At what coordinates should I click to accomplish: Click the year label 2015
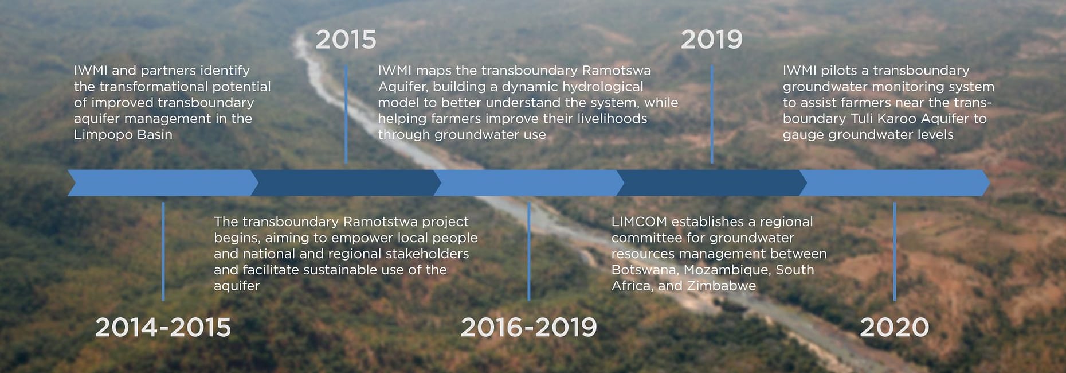[x=346, y=40]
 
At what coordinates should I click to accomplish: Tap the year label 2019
[x=711, y=40]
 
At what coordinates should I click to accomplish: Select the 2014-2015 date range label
[x=163, y=328]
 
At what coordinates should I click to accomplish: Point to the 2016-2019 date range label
[x=528, y=328]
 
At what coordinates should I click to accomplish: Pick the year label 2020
[x=894, y=328]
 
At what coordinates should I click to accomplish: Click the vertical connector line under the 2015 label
[x=346, y=114]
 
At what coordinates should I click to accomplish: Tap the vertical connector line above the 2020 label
[x=894, y=251]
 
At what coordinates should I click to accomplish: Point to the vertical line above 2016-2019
[x=528, y=251]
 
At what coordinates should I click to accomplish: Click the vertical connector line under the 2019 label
[x=711, y=114]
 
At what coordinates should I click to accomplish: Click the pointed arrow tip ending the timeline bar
[x=989, y=182]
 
